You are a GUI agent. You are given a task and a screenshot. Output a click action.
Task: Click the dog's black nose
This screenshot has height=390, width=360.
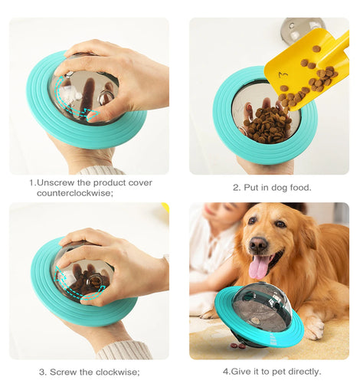[x=257, y=244]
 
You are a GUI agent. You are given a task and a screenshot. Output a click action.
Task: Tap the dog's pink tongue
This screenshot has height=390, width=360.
[x=258, y=267]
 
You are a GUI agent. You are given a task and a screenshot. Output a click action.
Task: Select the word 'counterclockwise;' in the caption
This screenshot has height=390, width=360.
[x=75, y=193]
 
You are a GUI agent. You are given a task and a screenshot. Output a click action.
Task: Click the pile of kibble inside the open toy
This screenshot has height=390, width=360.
[x=267, y=125]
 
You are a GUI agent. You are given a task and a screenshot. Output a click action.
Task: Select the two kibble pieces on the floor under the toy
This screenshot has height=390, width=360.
[x=237, y=346]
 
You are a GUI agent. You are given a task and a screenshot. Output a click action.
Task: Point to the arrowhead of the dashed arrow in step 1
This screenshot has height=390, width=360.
[x=93, y=114]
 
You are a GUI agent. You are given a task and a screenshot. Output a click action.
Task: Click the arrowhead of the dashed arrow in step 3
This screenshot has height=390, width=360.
[x=101, y=290]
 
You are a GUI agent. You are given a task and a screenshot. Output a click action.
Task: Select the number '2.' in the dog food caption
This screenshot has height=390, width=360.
[x=237, y=188]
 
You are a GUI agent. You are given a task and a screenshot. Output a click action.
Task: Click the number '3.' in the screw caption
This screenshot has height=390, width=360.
[x=43, y=372]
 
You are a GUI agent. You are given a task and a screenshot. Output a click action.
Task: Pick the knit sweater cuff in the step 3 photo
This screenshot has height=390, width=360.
[x=125, y=350]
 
